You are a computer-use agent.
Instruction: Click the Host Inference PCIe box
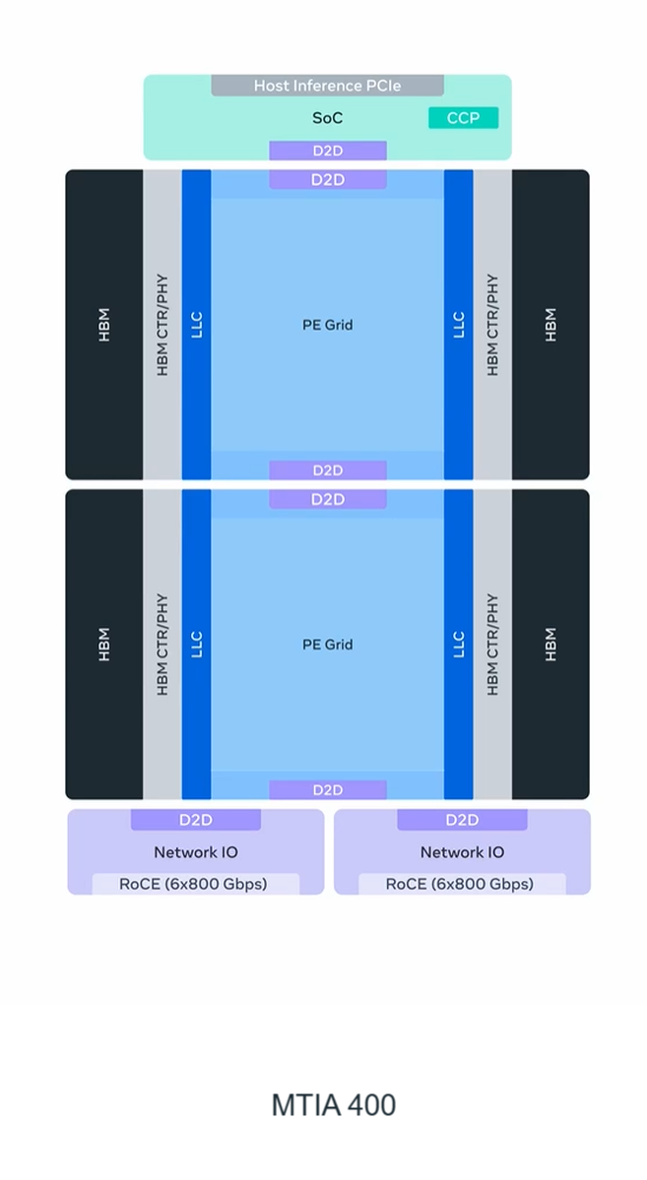327,86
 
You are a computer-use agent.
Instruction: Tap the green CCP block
463,118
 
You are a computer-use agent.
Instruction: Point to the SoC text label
327,118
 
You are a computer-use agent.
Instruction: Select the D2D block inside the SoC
327,151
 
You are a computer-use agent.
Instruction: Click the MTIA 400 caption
333,1105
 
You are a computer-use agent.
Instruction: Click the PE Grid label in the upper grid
327,325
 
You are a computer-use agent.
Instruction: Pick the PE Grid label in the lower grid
327,645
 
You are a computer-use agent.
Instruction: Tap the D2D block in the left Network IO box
195,820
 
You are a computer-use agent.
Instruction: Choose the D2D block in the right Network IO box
461,820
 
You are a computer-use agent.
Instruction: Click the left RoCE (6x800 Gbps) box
194,884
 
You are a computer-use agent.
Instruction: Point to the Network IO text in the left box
195,852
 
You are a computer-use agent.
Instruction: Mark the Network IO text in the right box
461,852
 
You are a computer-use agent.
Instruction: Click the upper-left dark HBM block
104,325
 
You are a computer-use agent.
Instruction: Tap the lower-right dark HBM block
550,645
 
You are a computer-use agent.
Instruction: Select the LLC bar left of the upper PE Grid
196,325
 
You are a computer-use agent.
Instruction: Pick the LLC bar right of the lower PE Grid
458,645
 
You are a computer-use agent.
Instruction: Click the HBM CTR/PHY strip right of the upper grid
492,325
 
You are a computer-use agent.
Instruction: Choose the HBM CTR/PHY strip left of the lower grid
162,645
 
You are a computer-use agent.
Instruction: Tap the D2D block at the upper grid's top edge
327,180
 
